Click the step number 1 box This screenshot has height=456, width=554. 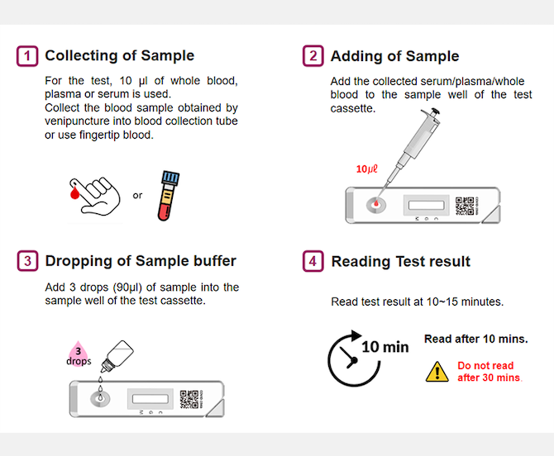pyautogui.click(x=27, y=56)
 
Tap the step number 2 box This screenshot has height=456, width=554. pyautogui.click(x=313, y=56)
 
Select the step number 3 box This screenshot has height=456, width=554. pyautogui.click(x=27, y=261)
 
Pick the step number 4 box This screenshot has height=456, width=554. pyautogui.click(x=313, y=261)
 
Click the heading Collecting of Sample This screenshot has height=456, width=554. pyautogui.click(x=119, y=56)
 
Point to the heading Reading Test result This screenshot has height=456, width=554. pyautogui.click(x=401, y=262)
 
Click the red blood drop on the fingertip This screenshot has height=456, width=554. pyautogui.click(x=74, y=193)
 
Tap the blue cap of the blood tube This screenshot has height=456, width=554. pyautogui.click(x=170, y=178)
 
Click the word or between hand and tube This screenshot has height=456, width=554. pyautogui.click(x=137, y=195)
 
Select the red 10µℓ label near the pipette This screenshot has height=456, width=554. pyautogui.click(x=366, y=169)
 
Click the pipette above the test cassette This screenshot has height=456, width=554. pyautogui.click(x=410, y=152)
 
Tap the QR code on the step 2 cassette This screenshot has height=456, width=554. pyautogui.click(x=465, y=206)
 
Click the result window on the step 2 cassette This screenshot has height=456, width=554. pyautogui.click(x=426, y=205)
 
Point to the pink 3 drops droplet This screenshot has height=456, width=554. pyautogui.click(x=78, y=354)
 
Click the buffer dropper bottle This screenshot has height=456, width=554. pyautogui.click(x=117, y=356)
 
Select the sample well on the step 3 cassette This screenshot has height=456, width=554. pyautogui.click(x=100, y=399)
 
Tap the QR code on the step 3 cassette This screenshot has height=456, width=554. pyautogui.click(x=189, y=399)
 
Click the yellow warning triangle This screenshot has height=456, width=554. pyautogui.click(x=437, y=372)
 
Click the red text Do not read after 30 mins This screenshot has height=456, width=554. pyautogui.click(x=490, y=372)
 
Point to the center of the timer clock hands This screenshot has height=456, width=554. pyautogui.click(x=353, y=360)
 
